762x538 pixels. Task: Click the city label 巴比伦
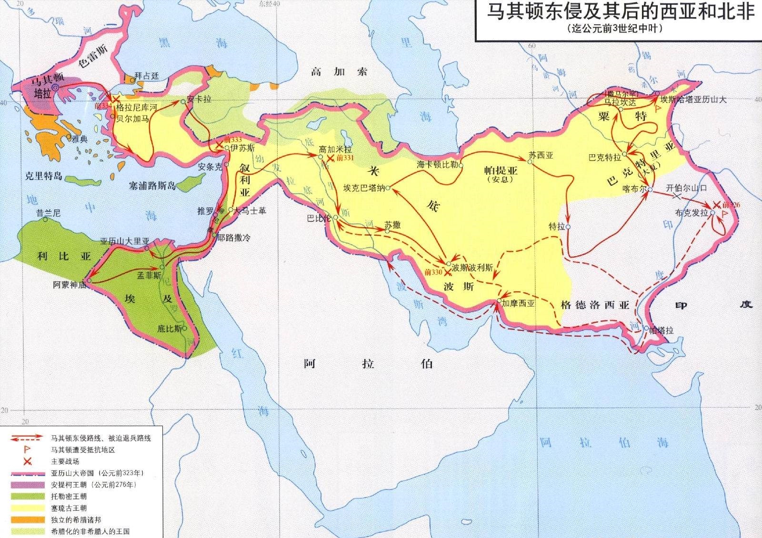[319, 219]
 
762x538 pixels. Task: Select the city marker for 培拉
[56, 87]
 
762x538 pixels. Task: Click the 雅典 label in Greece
[80, 139]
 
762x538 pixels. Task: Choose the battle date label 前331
[345, 158]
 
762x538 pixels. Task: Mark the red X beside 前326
[716, 205]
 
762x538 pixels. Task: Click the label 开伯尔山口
[686, 188]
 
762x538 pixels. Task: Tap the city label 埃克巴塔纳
[364, 188]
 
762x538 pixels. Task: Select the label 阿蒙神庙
[70, 285]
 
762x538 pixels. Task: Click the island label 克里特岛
[43, 176]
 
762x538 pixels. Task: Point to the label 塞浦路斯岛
[152, 186]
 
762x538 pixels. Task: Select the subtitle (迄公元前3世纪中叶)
[614, 29]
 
